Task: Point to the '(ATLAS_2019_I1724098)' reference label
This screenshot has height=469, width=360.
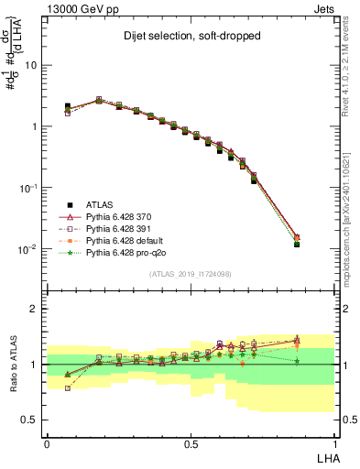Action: click(191, 273)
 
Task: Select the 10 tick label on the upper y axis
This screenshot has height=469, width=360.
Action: click(31, 65)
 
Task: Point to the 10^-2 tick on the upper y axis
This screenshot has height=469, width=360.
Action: click(28, 249)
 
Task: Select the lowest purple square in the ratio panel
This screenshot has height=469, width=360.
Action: click(68, 388)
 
